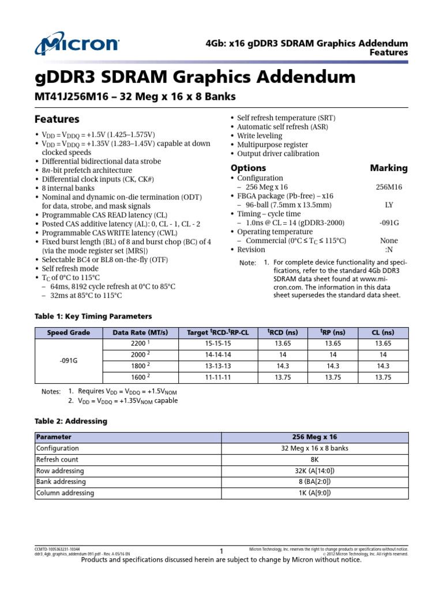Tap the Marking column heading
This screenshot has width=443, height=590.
tap(388, 168)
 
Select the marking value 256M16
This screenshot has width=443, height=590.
tap(389, 187)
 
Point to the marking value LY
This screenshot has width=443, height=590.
tap(389, 205)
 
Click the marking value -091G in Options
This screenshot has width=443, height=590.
tap(389, 222)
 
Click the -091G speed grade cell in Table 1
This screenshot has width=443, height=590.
tap(68, 360)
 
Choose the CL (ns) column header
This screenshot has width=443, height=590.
tap(383, 332)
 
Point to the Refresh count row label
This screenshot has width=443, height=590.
tap(57, 460)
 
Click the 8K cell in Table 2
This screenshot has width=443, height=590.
tap(314, 460)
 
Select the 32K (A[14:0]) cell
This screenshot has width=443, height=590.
tap(314, 471)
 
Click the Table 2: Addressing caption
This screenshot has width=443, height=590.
tap(71, 421)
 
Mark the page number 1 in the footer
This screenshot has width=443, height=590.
tap(221, 552)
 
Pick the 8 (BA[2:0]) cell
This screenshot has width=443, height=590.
tap(314, 482)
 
